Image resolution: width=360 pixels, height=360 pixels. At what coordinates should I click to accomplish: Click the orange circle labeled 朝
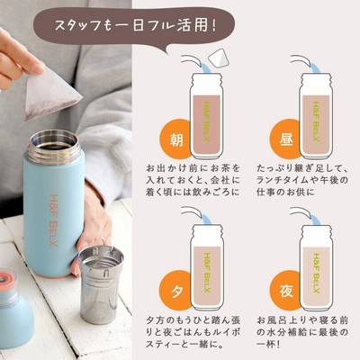pos(175,139)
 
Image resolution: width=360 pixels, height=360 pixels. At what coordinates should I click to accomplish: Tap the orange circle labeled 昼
pos(285,139)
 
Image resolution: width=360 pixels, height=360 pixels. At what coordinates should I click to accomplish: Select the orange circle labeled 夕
pos(175,290)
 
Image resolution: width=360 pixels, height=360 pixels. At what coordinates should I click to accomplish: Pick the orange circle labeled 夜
pos(285,290)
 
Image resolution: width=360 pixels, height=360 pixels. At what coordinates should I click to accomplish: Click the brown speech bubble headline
pos(133,26)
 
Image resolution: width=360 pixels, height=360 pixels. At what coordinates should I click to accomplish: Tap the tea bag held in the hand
pos(51,94)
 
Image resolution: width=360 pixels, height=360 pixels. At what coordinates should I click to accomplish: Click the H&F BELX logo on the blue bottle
pos(53,220)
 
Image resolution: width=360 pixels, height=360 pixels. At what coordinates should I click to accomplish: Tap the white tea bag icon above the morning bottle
pos(220,59)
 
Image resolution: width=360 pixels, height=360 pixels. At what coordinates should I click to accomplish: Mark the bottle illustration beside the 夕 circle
pos(207,267)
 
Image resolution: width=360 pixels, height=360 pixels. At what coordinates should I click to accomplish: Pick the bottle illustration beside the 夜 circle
pos(317,267)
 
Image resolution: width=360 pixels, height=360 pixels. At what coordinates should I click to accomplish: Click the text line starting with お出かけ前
pos(193,168)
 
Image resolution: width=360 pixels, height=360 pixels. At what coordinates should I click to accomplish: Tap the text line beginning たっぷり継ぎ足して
pos(301,168)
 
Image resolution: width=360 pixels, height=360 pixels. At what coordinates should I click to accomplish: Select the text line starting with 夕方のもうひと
pos(193,320)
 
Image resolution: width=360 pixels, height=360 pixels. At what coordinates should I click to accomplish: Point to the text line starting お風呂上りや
pos(302,320)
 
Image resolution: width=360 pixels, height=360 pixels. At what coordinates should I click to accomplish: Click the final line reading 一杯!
pos(268,344)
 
